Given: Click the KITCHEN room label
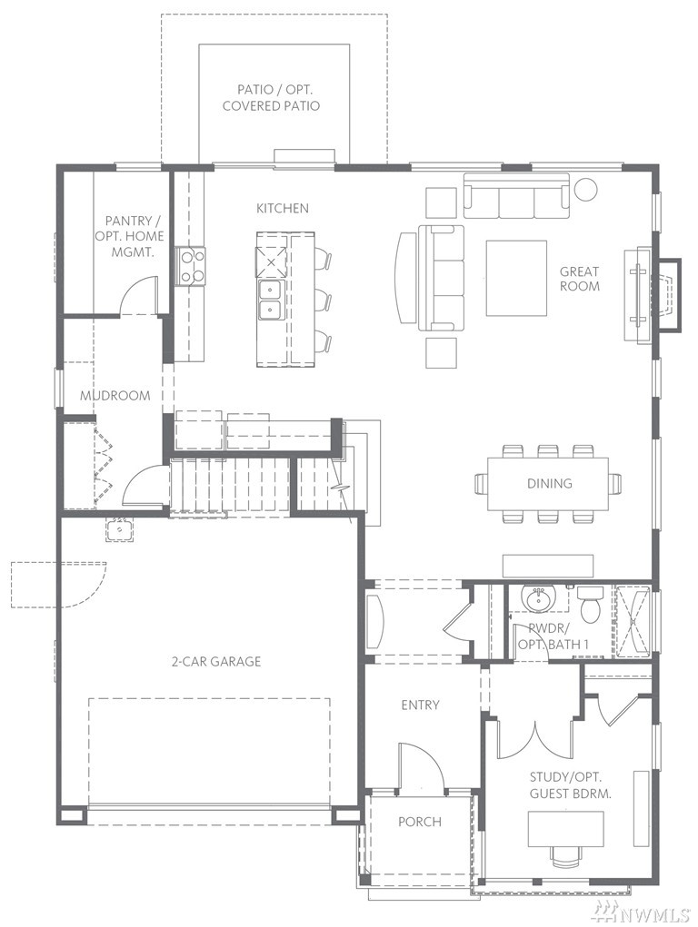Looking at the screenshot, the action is coord(283,208).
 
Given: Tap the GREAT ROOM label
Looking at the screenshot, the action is coord(580,279).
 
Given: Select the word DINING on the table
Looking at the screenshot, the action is coord(549,484).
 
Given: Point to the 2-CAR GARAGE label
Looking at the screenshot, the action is coord(216,662).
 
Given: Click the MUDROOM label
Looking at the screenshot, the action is coord(115,396).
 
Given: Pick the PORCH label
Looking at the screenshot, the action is coord(420,822).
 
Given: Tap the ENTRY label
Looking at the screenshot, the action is coord(420,705).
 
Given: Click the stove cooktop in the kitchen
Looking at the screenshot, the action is coord(191,267).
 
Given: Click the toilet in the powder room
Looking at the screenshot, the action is coord(590,604).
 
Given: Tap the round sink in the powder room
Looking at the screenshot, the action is coord(538,597).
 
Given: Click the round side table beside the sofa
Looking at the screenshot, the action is coord(585,189).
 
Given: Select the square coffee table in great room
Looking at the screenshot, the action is coord(516,278).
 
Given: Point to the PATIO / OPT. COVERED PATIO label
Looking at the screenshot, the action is coord(271,98).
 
